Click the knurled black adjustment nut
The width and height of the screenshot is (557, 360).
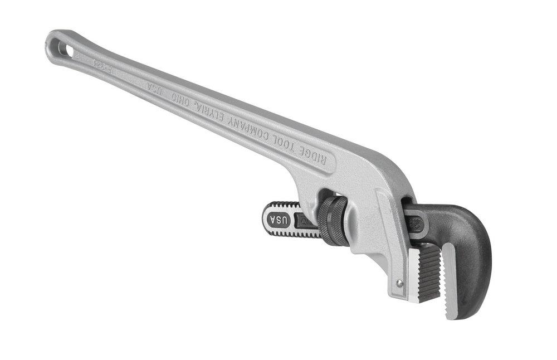pos(333,220)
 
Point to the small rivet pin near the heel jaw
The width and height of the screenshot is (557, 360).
pos(399,283)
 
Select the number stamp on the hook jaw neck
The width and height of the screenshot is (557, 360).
pos(417,224)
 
